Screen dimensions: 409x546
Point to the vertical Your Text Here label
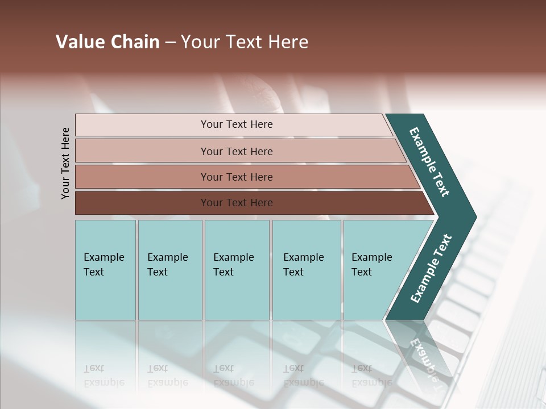click(65, 163)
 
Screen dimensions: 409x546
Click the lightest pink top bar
click(236, 124)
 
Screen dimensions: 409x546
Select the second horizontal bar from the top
click(236, 151)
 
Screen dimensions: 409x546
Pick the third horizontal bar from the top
click(236, 177)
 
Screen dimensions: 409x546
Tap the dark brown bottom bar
click(236, 203)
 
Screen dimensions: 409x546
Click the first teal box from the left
click(105, 270)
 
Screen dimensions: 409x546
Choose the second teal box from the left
click(169, 270)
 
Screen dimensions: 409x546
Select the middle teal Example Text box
click(237, 270)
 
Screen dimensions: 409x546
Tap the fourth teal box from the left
click(306, 270)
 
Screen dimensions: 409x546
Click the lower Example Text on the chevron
click(431, 269)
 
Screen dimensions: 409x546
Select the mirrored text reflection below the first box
click(104, 375)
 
